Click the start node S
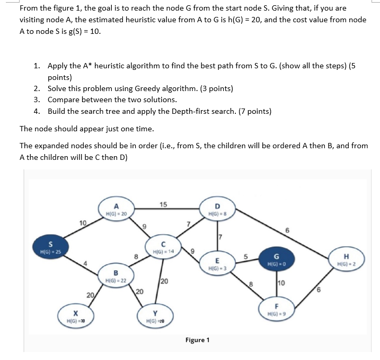(50, 247)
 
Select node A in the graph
(116, 209)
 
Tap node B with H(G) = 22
(116, 275)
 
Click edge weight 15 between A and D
(163, 205)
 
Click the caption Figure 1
(197, 339)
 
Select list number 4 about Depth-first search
(37, 111)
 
